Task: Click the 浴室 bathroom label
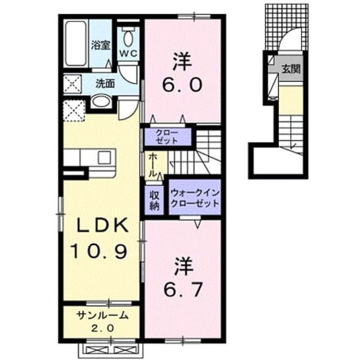101,45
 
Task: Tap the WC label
128,54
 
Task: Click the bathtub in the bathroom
75,43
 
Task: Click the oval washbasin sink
101,101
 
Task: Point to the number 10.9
99,251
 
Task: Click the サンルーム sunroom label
102,316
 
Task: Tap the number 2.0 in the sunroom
102,328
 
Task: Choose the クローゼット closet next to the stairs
167,137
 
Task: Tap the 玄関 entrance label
291,69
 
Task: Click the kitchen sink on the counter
104,158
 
